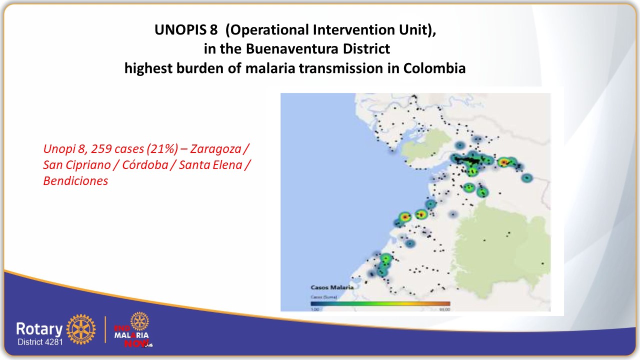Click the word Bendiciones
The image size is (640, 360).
75,181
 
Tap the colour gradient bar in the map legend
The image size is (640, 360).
380,303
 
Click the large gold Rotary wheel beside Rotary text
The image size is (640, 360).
80,330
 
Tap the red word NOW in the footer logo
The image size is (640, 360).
138,343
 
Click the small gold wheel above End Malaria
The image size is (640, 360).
139,320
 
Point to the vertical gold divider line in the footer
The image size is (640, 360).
105,329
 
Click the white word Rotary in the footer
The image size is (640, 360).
39,328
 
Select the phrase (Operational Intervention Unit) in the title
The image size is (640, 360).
331,30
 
